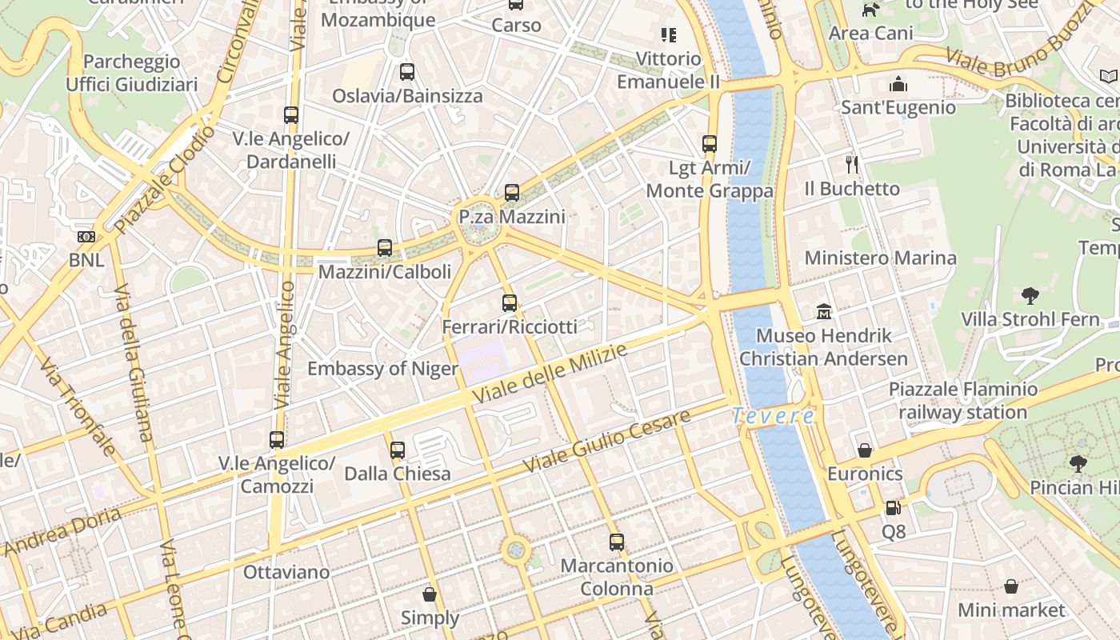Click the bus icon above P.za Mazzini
tap(512, 193)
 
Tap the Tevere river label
tap(774, 416)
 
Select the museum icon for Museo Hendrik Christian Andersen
tap(823, 311)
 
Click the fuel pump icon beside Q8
tap(893, 507)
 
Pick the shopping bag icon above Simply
tap(430, 594)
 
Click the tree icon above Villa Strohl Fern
tap(1030, 296)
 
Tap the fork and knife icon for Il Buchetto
tap(852, 165)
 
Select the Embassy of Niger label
tap(383, 369)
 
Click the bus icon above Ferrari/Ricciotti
tap(510, 303)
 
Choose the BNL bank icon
tap(86, 237)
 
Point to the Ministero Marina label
tap(880, 258)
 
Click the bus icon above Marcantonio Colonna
tap(616, 542)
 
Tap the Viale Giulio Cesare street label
tap(606, 442)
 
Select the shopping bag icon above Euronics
tap(864, 450)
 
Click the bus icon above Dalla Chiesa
tap(398, 450)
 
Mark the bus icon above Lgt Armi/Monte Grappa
tap(710, 144)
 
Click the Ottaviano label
tap(286, 572)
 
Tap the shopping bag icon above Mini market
tap(1011, 586)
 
